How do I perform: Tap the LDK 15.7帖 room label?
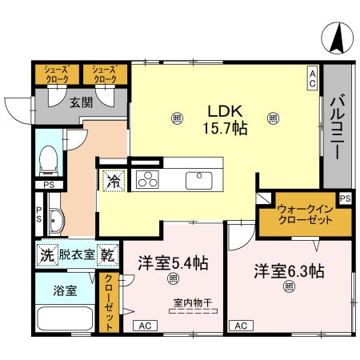point(224,118)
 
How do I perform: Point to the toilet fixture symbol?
point(49,158)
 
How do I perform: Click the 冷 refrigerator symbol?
point(114,181)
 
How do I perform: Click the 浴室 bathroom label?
point(65,290)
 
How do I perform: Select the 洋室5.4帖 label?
point(172,262)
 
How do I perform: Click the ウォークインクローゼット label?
point(303,214)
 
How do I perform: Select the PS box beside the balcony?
point(344,198)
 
